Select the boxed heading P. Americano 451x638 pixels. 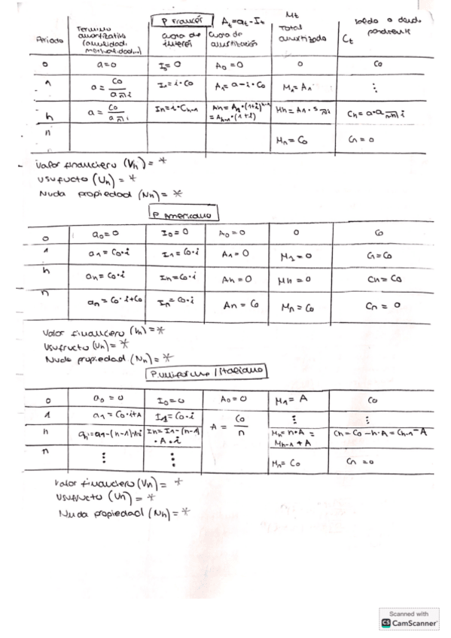(x=183, y=214)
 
